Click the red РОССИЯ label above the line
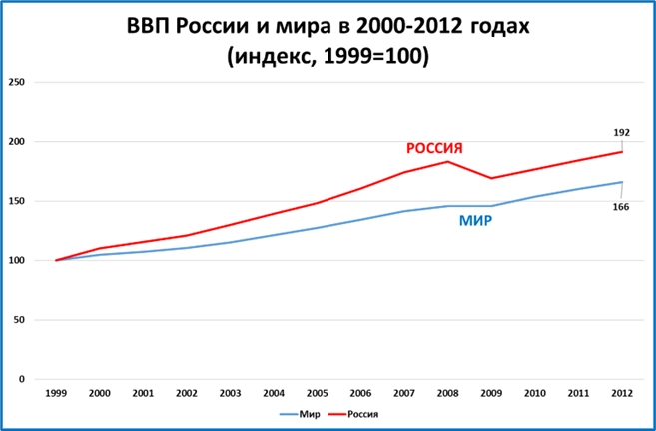point(434,149)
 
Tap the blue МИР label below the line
point(474,221)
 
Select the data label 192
point(620,131)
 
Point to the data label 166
point(620,206)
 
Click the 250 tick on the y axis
point(16,82)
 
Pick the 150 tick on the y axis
point(16,201)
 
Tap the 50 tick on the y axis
point(19,320)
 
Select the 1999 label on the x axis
point(56,393)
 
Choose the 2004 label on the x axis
point(274,393)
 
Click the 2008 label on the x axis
point(448,393)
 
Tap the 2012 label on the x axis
point(622,393)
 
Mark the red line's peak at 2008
point(448,161)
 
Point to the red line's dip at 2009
point(491,178)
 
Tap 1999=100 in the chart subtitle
point(376,57)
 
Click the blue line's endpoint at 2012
point(622,182)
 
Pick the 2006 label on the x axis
point(360,393)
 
